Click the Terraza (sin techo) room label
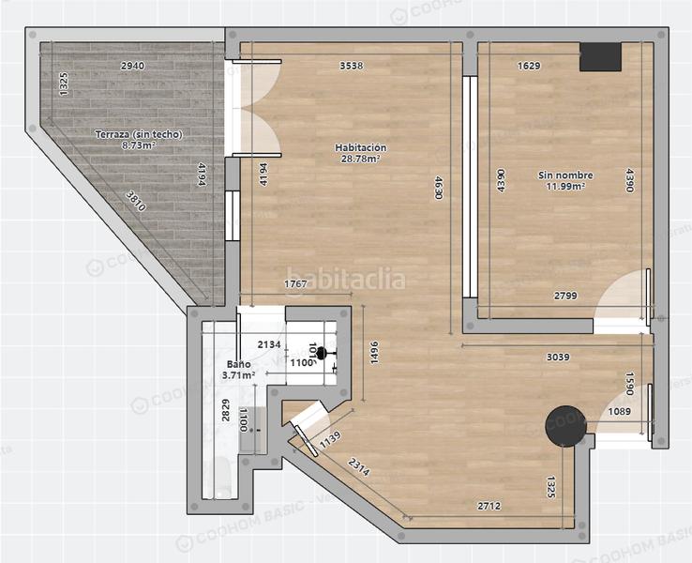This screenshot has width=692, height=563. point(138,134)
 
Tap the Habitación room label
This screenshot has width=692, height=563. point(361,147)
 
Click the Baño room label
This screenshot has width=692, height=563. point(238,364)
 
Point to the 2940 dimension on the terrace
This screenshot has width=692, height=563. point(132,66)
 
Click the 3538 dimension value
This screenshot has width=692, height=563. point(351,66)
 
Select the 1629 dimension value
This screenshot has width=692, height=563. point(530,66)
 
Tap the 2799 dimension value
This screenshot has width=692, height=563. point(564,297)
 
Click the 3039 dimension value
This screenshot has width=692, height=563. point(558,357)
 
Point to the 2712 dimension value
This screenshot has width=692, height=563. point(489,507)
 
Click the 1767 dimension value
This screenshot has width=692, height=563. point(296,284)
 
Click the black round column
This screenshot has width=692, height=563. point(567,425)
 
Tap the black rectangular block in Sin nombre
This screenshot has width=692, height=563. point(599,57)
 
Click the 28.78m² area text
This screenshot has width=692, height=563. point(361,160)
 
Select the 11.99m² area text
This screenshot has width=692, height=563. point(565,187)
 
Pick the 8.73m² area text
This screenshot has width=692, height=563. point(138,145)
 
